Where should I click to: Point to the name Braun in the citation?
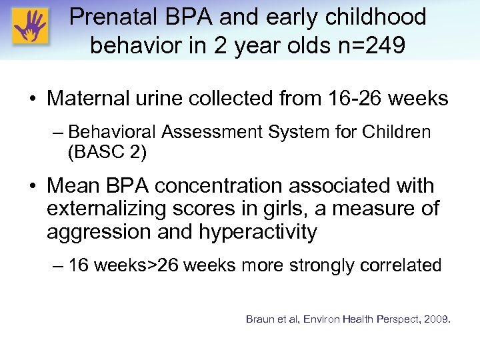point(261,319)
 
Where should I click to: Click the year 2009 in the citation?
point(436,319)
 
